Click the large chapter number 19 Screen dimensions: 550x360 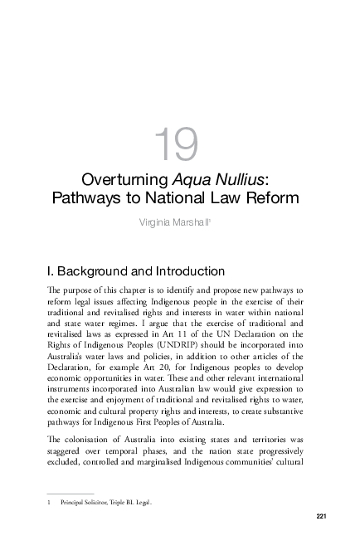(178, 144)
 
